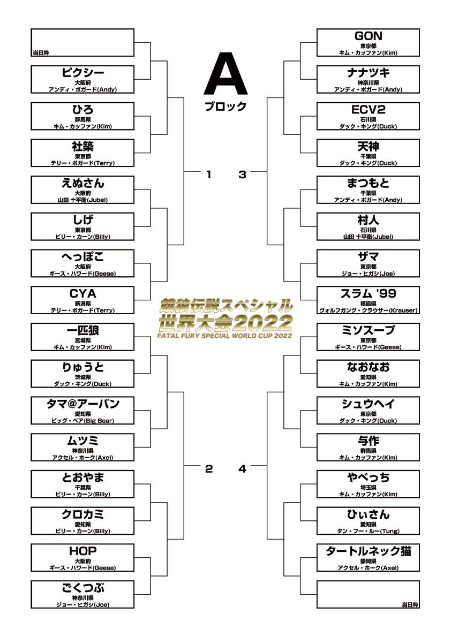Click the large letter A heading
pos(225,73)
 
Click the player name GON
pos(368,36)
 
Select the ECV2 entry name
pos(368,110)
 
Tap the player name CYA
pos(82,294)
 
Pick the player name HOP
pos(82,551)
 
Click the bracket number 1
pos(208,175)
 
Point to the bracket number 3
pos(243,175)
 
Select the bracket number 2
pos(208,469)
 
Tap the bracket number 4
pos(243,469)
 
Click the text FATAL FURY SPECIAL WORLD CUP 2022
pos(225,336)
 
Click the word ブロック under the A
pos(225,107)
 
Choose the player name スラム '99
pos(368,294)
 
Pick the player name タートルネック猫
pos(368,551)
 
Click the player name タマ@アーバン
pos(82,404)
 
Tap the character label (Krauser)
pos(403,310)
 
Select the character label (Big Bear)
pos(99,421)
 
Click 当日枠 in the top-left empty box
pos(41,53)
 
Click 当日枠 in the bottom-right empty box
pos(410,605)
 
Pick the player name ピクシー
pos(82,73)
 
